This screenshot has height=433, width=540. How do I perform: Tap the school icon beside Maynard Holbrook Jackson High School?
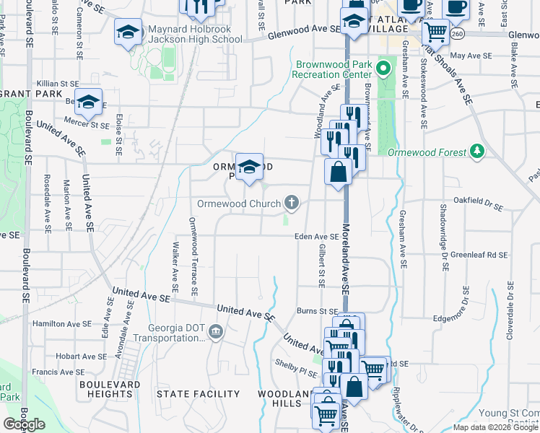[128, 32]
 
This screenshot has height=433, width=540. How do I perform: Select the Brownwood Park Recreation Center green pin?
[383, 70]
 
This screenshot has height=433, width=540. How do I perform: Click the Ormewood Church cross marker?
[292, 202]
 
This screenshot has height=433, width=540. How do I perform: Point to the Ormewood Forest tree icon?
[476, 151]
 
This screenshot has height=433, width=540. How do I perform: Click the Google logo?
[24, 424]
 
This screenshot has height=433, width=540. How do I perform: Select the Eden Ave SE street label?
[316, 236]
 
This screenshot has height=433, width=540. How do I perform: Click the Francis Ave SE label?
[54, 372]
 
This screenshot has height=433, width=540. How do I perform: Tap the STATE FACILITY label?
[199, 394]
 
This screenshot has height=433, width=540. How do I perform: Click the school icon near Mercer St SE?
[88, 103]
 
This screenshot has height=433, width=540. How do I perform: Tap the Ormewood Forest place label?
[429, 153]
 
